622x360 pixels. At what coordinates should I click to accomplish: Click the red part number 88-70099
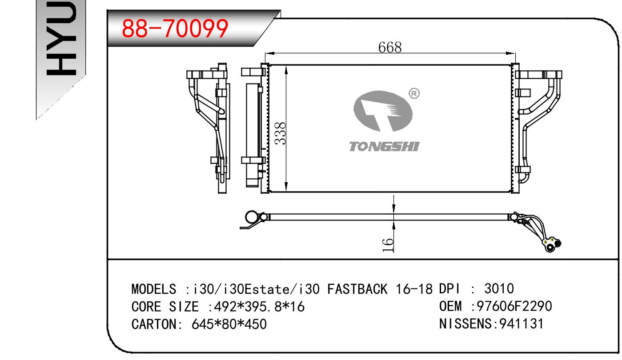[x=175, y=28]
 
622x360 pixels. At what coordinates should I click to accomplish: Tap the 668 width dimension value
[x=390, y=47]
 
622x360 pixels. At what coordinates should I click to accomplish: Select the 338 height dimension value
[x=280, y=133]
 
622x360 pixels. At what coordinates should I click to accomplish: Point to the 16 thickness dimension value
[x=388, y=245]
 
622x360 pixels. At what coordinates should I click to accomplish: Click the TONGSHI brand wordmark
[x=384, y=147]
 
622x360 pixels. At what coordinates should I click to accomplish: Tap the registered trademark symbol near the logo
[x=414, y=93]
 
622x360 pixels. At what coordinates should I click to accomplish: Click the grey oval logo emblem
[x=383, y=111]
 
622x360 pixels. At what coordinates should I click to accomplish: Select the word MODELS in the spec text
[x=153, y=289]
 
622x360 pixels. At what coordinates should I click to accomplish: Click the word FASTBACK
[x=357, y=289]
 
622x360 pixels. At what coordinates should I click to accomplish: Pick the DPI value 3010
[x=499, y=288]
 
